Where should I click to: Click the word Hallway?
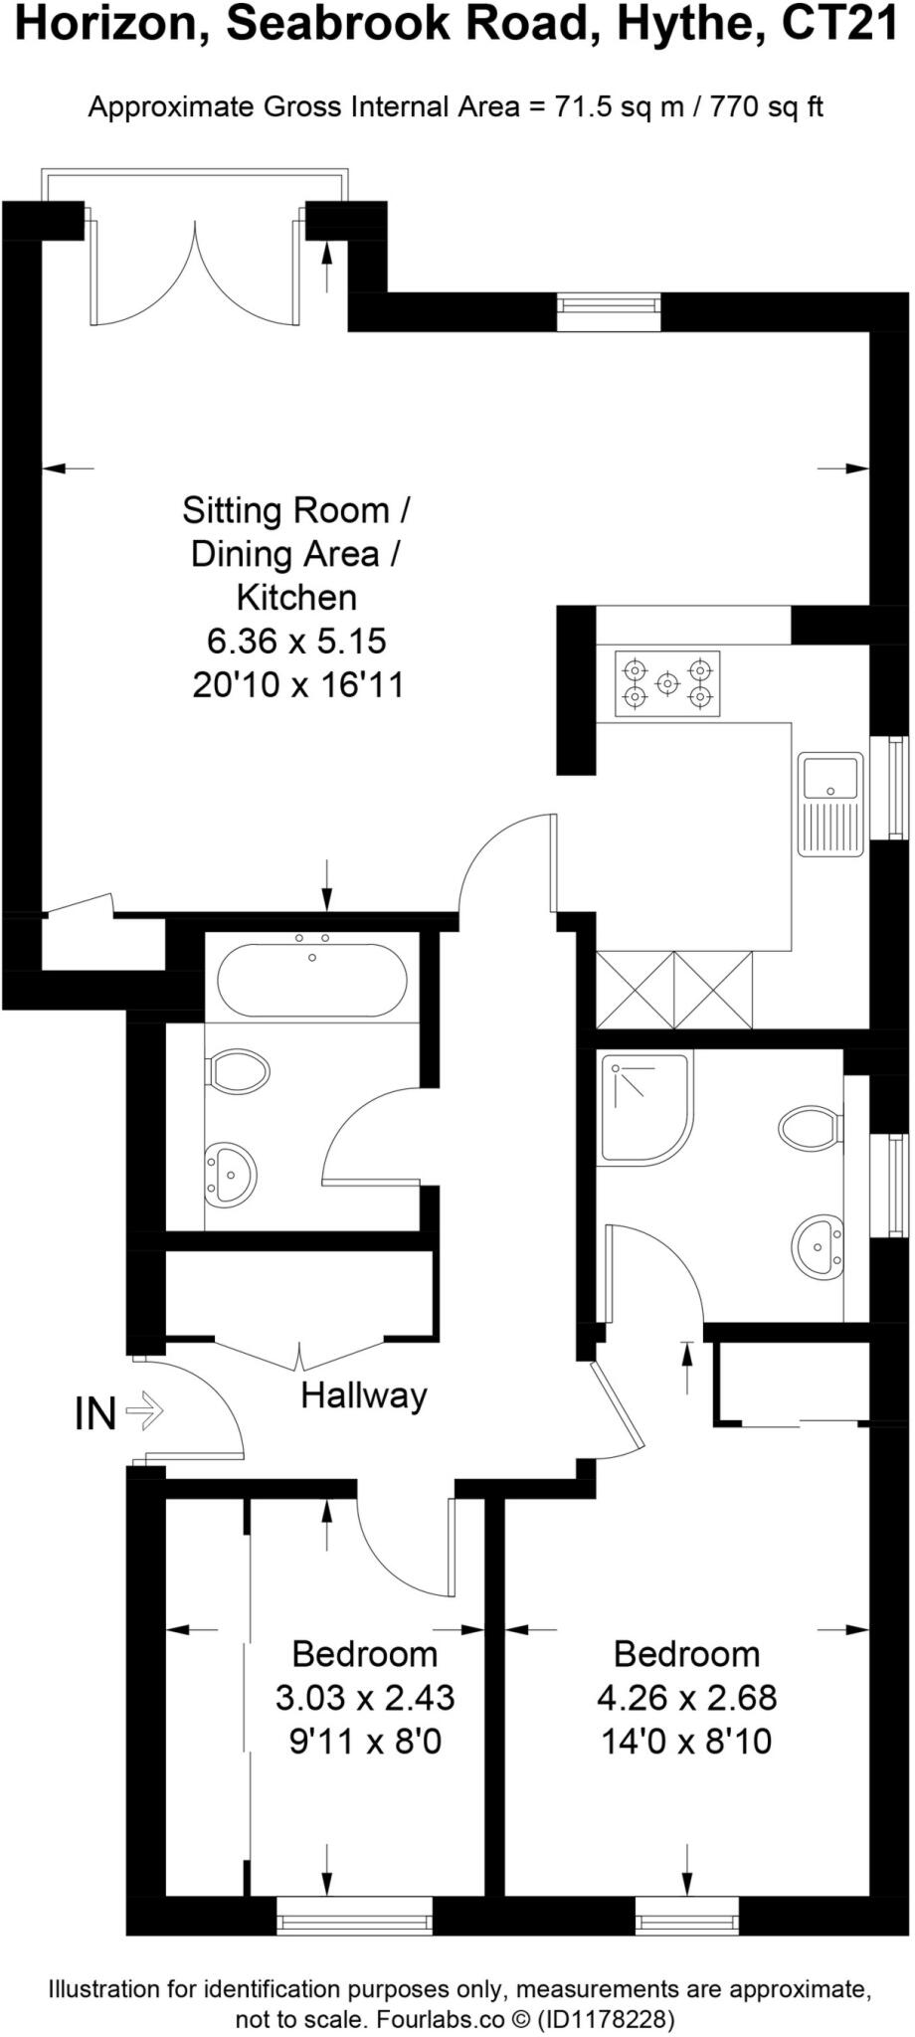(364, 1395)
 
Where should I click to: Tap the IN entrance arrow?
(146, 1411)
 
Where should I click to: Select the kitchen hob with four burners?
(667, 684)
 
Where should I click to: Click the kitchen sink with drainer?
(830, 805)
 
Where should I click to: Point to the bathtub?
(311, 980)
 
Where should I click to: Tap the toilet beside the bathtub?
(238, 1071)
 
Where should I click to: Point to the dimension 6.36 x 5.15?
(296, 642)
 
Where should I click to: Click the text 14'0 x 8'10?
(686, 1742)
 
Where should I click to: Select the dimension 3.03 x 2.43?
(365, 1697)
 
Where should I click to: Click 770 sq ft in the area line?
(766, 106)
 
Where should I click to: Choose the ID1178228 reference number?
(606, 2019)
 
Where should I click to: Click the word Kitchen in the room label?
(296, 597)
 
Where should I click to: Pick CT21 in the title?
(840, 24)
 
